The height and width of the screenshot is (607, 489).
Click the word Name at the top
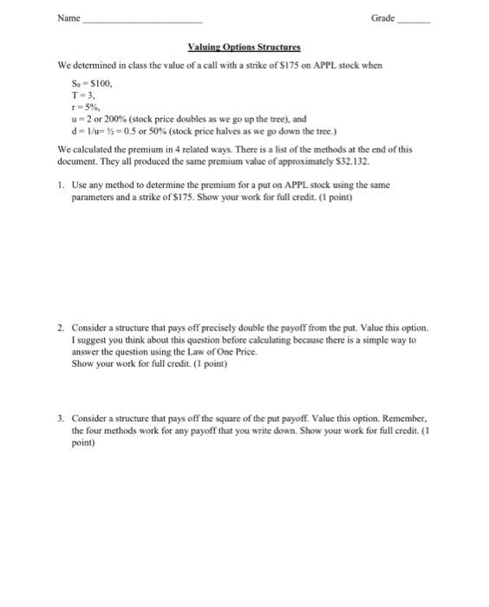[68, 17]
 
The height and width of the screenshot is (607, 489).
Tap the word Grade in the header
[382, 17]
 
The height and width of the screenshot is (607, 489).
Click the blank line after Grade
[413, 20]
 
